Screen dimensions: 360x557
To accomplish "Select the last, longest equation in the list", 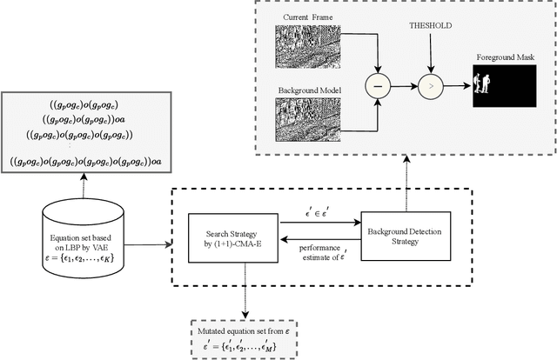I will pos(84,161).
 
